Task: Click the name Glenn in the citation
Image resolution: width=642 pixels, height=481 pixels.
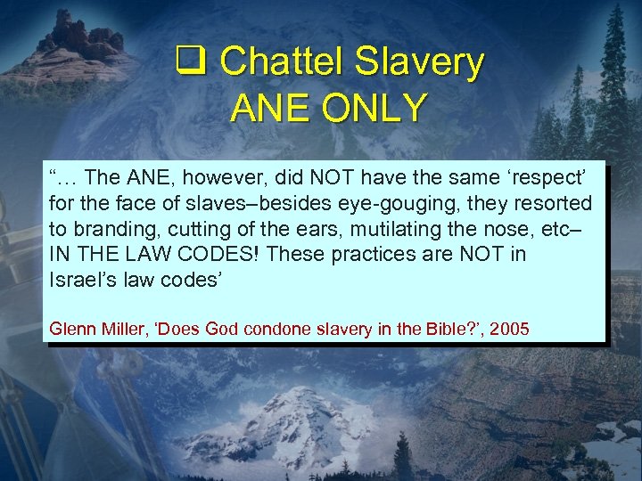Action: pyautogui.click(x=72, y=329)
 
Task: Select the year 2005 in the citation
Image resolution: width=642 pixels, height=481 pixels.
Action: pyautogui.click(x=509, y=329)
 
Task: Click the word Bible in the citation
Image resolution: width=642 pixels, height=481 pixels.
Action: pyautogui.click(x=432, y=329)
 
